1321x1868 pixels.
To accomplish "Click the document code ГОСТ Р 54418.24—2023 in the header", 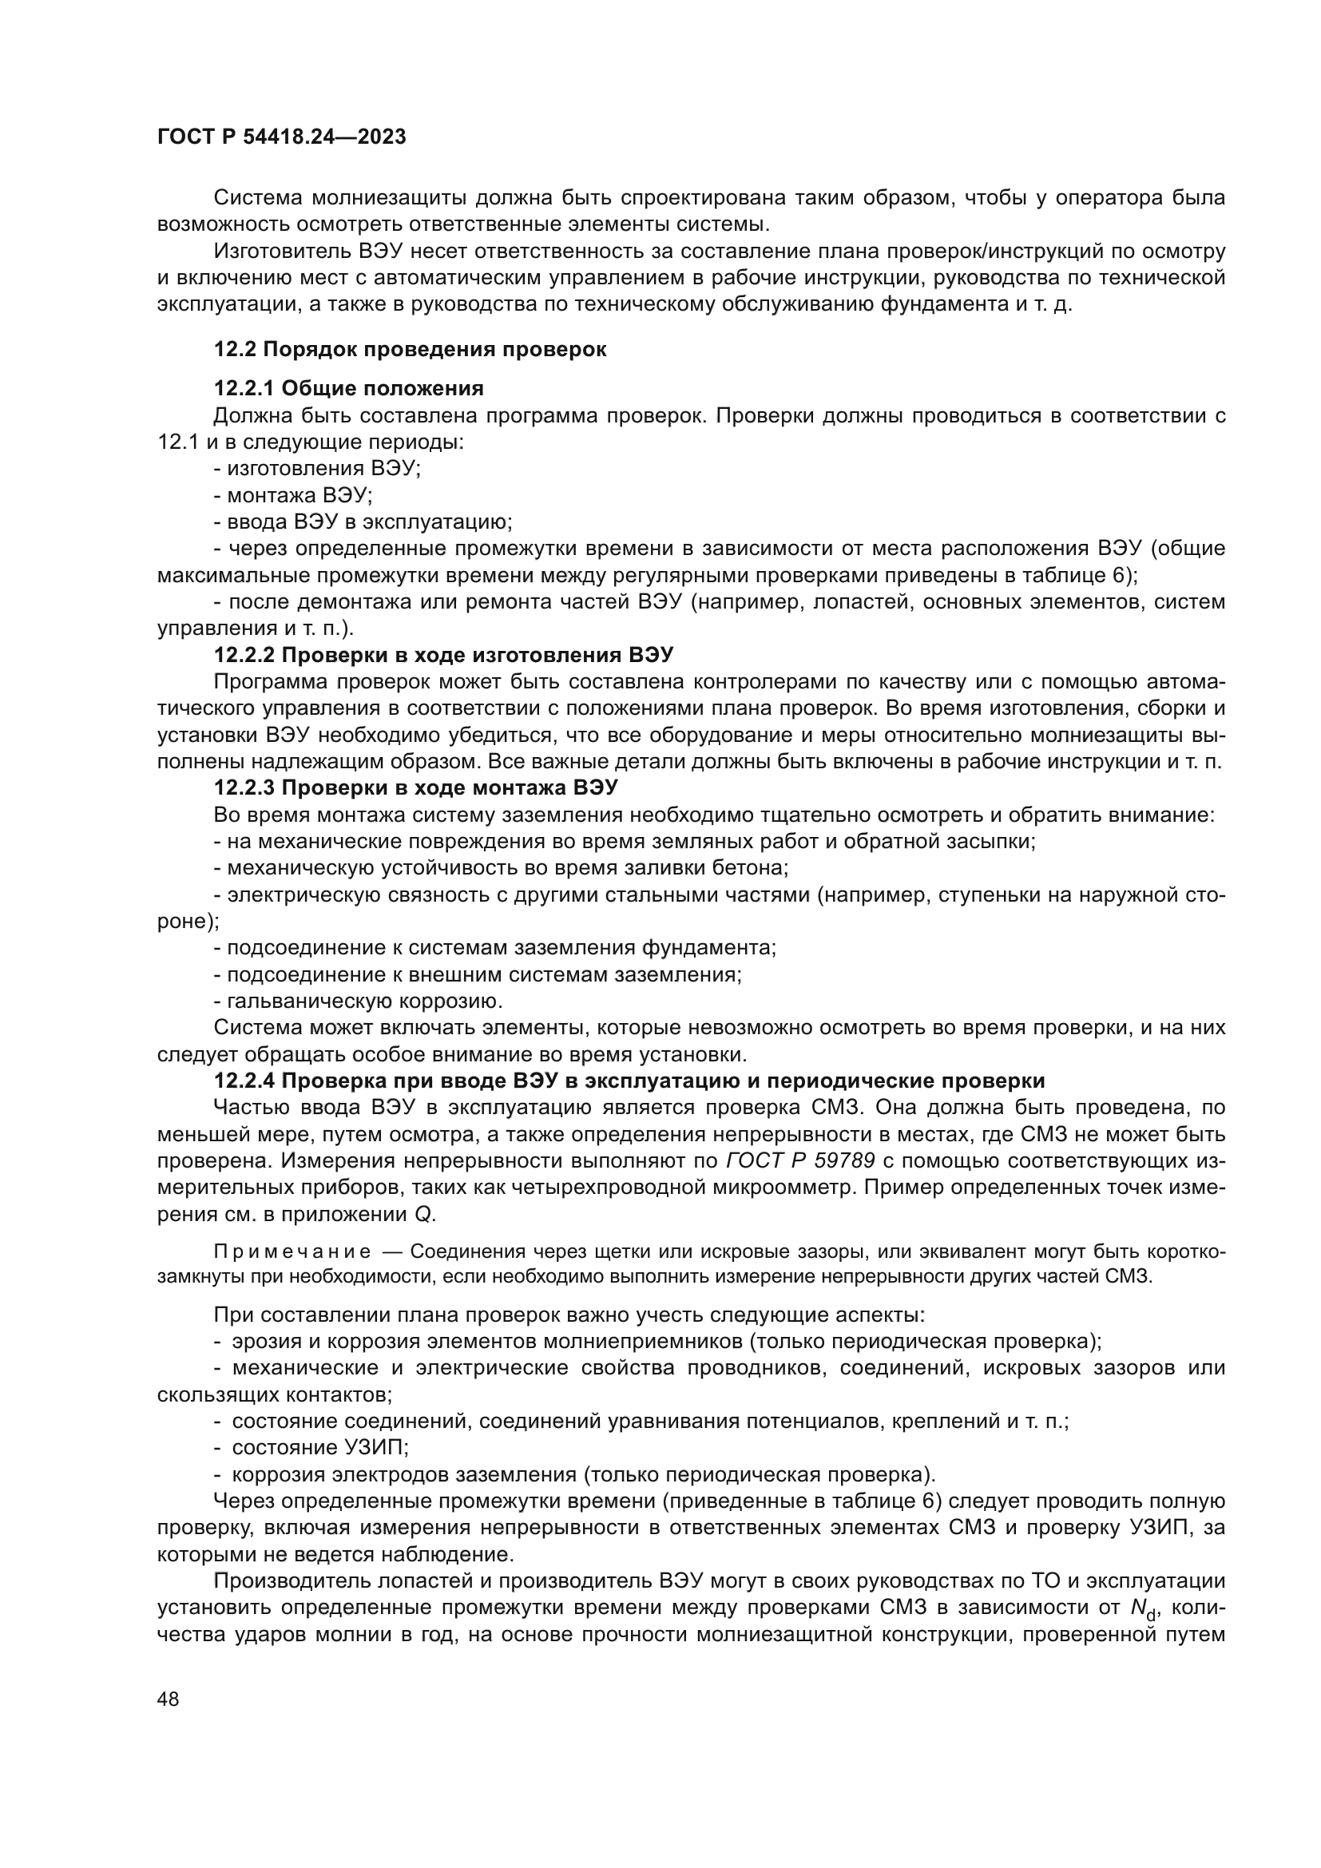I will point(281,137).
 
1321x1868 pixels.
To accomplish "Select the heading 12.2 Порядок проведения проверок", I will point(410,350).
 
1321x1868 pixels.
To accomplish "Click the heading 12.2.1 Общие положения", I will point(349,388).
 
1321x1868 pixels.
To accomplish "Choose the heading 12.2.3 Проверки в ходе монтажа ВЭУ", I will point(415,788).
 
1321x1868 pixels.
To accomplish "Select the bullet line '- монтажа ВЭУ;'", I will point(293,495).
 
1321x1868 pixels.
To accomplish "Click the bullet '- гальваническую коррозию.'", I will point(358,1001).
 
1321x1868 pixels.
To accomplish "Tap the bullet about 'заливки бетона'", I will point(500,868).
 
